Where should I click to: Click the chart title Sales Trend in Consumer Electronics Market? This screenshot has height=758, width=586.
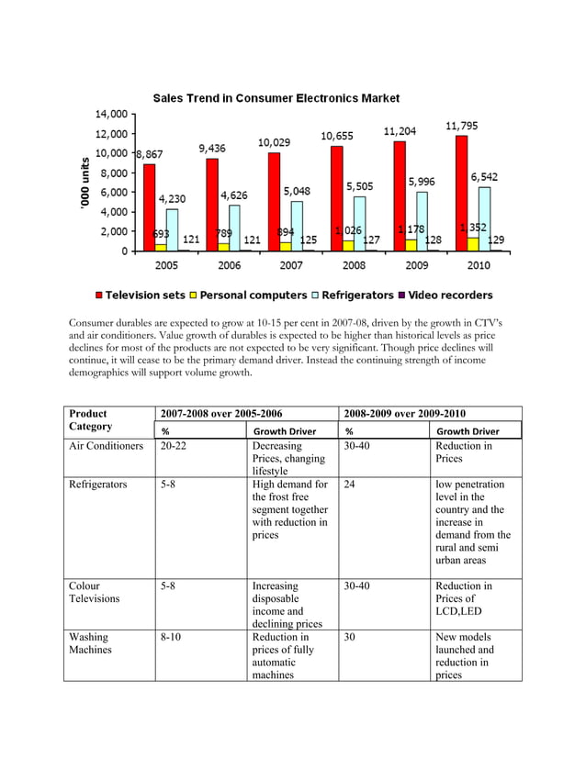click(276, 98)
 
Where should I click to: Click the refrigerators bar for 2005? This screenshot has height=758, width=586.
click(172, 229)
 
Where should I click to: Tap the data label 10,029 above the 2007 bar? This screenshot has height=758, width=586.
click(275, 142)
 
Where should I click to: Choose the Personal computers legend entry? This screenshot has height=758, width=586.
click(247, 295)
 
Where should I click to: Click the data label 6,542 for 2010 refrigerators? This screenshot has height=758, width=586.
click(485, 176)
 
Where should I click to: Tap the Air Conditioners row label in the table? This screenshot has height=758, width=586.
click(106, 446)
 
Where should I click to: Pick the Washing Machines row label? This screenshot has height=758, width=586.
click(88, 643)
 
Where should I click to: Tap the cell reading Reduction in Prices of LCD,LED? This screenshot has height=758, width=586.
click(463, 598)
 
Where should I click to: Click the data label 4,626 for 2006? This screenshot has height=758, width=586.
click(232, 195)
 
